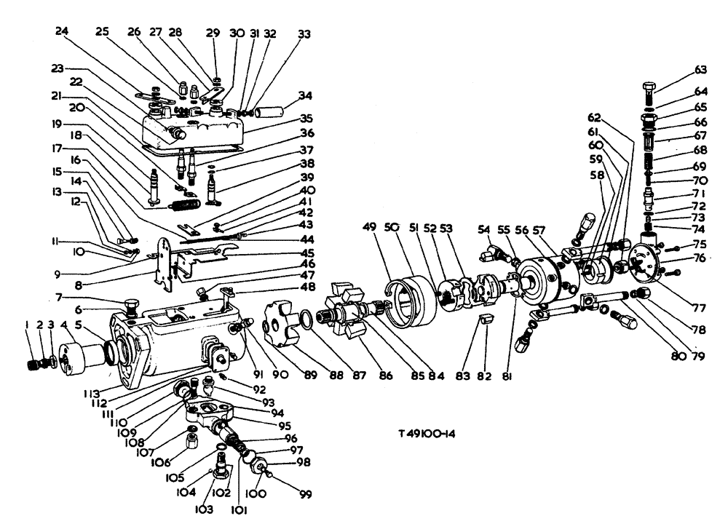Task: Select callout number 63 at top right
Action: pyautogui.click(x=700, y=71)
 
